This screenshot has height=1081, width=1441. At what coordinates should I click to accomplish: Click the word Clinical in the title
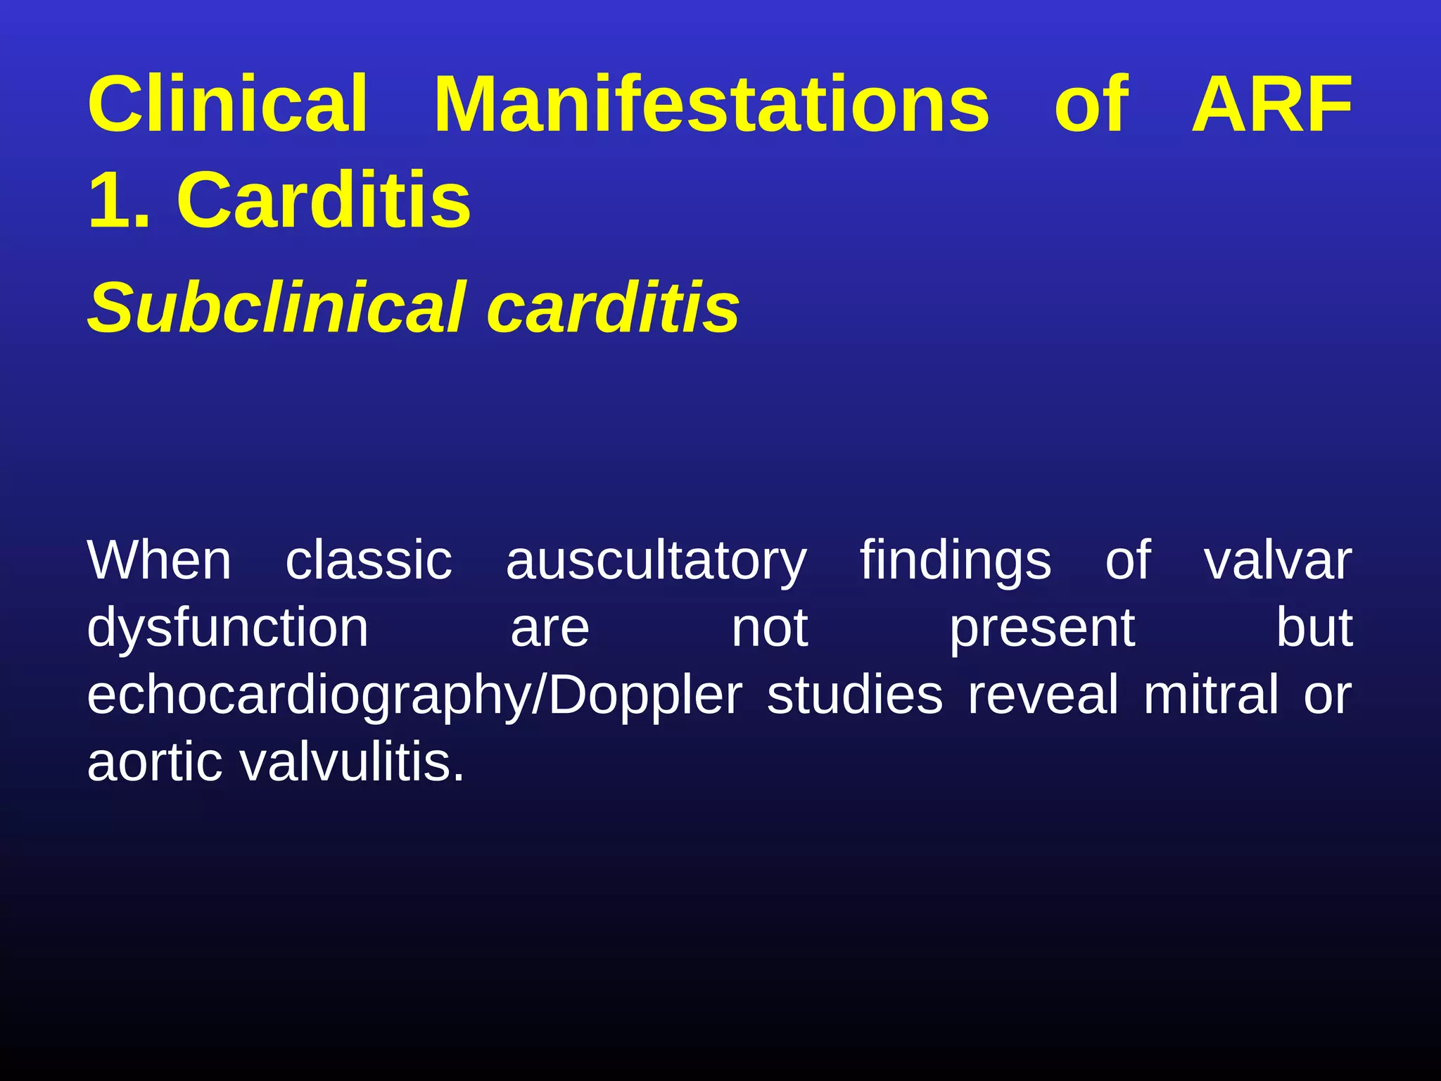tap(227, 105)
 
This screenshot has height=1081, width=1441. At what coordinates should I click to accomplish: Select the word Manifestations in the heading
tap(711, 105)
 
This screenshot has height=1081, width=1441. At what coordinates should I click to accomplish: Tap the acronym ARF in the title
tap(1271, 105)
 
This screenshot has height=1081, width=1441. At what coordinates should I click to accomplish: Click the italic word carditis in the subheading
tap(613, 308)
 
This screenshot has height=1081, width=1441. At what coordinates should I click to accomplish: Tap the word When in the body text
tap(160, 560)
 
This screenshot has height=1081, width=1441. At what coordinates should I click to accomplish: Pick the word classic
tap(369, 560)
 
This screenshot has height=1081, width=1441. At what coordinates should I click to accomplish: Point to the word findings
tap(956, 562)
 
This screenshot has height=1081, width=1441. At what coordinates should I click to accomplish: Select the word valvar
tap(1278, 560)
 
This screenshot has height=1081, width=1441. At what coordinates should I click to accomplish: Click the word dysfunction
tap(228, 627)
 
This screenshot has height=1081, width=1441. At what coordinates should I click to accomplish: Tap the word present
tap(1042, 628)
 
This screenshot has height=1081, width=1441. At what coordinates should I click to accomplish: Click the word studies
tap(855, 695)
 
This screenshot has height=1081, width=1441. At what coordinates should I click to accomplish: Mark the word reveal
tap(1043, 695)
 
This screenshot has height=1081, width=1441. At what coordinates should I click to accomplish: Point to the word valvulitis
tap(352, 761)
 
